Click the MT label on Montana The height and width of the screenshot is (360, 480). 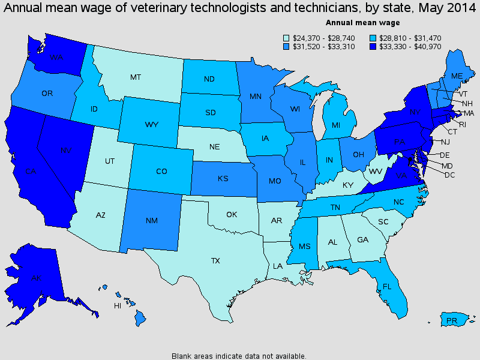135,77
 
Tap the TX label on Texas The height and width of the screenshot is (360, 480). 215,262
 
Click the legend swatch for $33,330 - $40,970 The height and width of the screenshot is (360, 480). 373,46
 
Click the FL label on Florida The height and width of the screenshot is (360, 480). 387,287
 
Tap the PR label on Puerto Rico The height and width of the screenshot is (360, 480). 452,321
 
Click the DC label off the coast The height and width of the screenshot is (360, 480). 450,175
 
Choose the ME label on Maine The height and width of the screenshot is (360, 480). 457,76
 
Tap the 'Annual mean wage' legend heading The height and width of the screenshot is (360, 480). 354,22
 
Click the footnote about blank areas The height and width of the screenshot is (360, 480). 239,355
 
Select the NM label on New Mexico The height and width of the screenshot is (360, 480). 152,221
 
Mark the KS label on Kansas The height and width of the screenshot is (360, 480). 223,179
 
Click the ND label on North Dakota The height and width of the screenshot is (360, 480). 210,78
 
